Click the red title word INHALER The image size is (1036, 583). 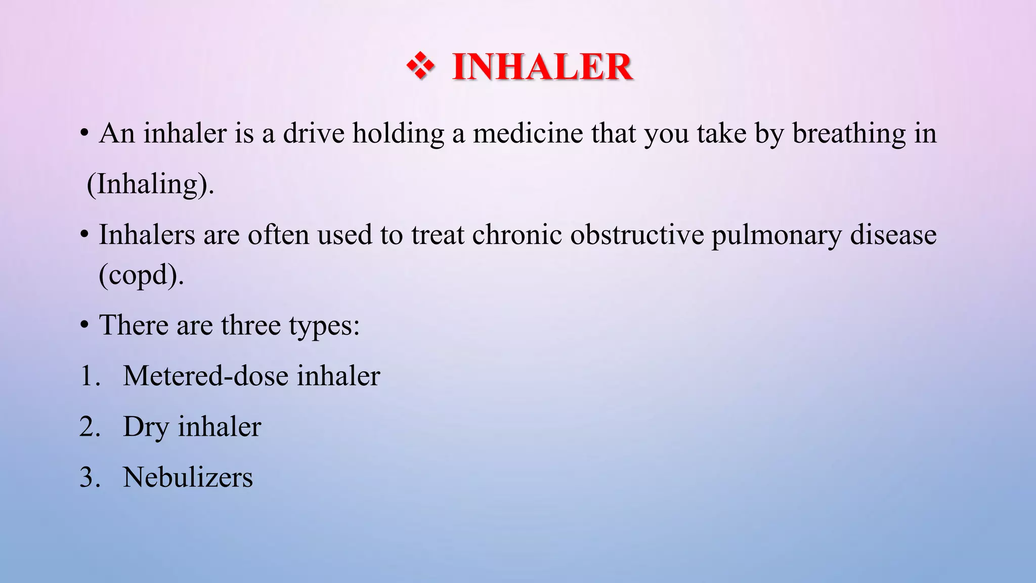542,67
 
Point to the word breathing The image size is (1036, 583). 848,134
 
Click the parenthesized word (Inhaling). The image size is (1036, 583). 150,184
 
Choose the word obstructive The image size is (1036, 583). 637,235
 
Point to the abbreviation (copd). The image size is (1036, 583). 141,276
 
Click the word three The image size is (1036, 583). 250,325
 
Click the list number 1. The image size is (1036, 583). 89,376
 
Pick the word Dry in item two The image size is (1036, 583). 146,427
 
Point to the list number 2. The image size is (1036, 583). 90,427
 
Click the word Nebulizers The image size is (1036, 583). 188,477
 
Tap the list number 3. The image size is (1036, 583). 90,477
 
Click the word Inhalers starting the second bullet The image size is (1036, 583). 147,235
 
